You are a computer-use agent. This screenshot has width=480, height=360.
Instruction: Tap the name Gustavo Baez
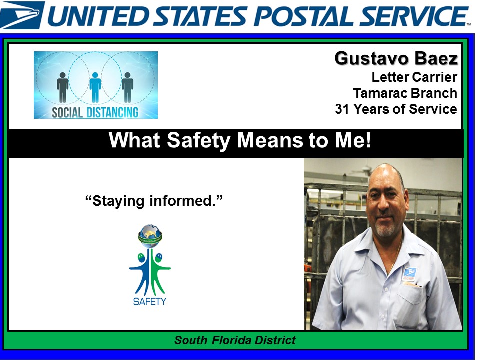tap(396, 59)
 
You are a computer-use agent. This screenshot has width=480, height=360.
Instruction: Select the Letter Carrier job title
tap(414, 77)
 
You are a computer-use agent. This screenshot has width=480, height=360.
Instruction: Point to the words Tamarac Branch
tap(405, 93)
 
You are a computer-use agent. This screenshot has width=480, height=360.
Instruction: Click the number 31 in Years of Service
tap(343, 109)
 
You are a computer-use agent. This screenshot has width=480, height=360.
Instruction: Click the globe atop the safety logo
tap(150, 234)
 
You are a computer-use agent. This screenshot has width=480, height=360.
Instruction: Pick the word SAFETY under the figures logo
tap(150, 301)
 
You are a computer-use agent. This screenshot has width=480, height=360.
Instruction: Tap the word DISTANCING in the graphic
tap(112, 112)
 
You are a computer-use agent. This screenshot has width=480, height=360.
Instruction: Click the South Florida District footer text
tap(235, 341)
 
